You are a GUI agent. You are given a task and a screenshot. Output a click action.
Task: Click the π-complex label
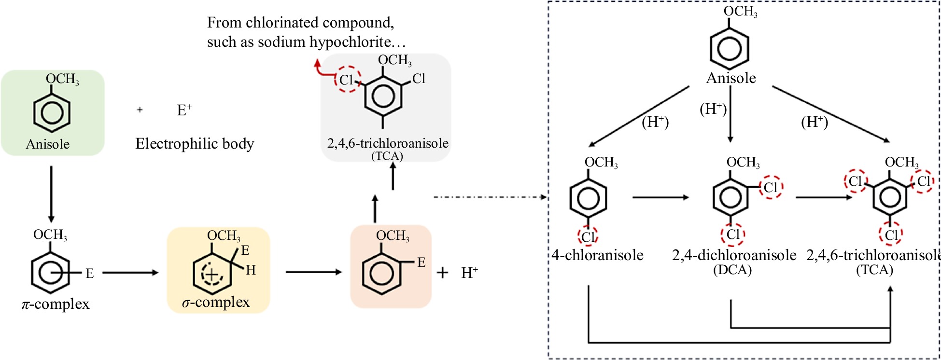pyautogui.click(x=56, y=304)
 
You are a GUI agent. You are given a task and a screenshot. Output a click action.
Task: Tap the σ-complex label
pyautogui.click(x=216, y=302)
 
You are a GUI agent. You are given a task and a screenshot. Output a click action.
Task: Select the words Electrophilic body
pyautogui.click(x=195, y=144)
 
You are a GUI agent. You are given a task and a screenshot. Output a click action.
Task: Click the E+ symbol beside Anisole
pyautogui.click(x=184, y=111)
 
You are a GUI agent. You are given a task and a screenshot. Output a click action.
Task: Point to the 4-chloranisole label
pyautogui.click(x=598, y=255)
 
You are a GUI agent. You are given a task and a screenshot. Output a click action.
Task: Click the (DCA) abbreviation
pyautogui.click(x=732, y=270)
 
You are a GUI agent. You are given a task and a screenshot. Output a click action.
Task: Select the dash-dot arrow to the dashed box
pyautogui.click(x=490, y=197)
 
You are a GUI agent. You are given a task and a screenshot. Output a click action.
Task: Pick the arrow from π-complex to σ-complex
pyautogui.click(x=130, y=273)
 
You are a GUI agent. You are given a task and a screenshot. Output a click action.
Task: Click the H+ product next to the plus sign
pyautogui.click(x=469, y=273)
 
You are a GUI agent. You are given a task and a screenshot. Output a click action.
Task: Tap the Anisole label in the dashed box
pyautogui.click(x=731, y=78)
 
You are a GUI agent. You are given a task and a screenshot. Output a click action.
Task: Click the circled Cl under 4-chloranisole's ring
pyautogui.click(x=588, y=236)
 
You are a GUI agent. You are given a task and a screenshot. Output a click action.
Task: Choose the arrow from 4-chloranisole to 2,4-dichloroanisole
pyautogui.click(x=660, y=197)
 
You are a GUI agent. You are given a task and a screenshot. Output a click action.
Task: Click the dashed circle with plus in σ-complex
pyautogui.click(x=211, y=274)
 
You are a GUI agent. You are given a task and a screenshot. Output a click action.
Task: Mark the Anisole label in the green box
pyautogui.click(x=48, y=144)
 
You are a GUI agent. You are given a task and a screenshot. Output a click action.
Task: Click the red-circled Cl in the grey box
pyautogui.click(x=347, y=80)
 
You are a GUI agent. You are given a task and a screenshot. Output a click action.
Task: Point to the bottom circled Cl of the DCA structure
pyautogui.click(x=733, y=235)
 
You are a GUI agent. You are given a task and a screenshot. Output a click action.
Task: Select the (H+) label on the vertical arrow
pyautogui.click(x=713, y=109)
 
